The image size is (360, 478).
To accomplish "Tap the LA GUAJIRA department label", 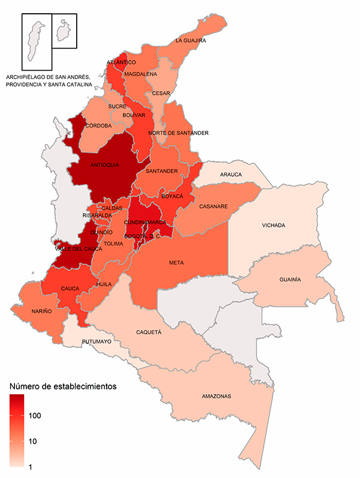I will pyautogui.click(x=190, y=41).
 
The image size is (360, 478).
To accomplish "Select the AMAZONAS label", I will pyautogui.click(x=216, y=397).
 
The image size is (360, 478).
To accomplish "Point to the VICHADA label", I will pyautogui.click(x=274, y=225).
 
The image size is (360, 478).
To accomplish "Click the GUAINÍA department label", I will pyautogui.click(x=290, y=280).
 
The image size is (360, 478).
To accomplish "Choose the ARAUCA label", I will pyautogui.click(x=231, y=175).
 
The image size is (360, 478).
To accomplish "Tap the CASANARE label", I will pyautogui.click(x=214, y=207).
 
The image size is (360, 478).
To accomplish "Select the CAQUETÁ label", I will pyautogui.click(x=149, y=330).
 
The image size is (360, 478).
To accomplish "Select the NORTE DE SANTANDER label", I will pyautogui.click(x=179, y=133).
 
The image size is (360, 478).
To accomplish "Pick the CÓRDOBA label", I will pyautogui.click(x=98, y=126).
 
